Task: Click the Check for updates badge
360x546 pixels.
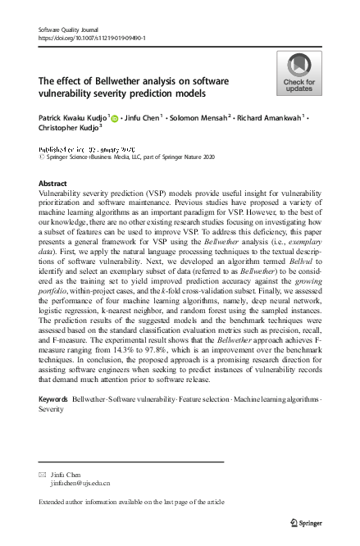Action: coord(298,73)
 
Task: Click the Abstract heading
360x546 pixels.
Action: coord(52,184)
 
